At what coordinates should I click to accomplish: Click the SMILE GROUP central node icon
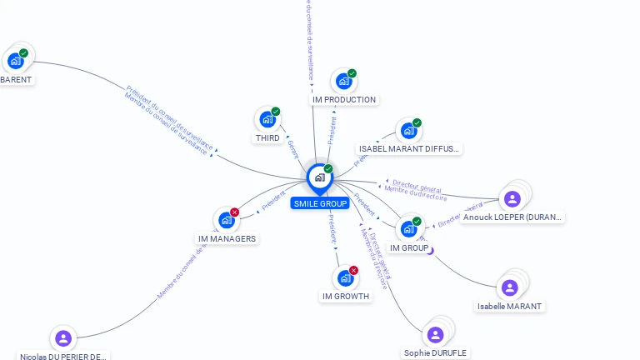tap(319, 177)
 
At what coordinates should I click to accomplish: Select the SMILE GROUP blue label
tap(320, 203)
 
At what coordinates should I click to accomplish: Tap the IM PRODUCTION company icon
tap(343, 82)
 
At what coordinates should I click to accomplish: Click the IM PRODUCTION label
tap(344, 100)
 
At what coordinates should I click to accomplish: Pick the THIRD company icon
tap(267, 119)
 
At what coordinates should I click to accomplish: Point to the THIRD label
tap(267, 138)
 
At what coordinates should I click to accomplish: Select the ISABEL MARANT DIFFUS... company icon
tap(408, 131)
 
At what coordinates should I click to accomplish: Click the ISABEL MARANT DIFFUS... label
tap(408, 149)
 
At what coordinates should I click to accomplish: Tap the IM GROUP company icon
tap(408, 228)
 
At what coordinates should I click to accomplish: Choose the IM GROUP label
tap(409, 248)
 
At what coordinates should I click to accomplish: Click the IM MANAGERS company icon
tap(226, 220)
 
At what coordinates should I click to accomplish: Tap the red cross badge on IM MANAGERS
tap(235, 212)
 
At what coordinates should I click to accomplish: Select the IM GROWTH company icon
tap(345, 278)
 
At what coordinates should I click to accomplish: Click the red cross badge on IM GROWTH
tap(354, 270)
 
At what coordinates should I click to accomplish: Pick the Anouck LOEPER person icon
tap(512, 198)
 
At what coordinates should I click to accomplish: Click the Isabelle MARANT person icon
tap(510, 287)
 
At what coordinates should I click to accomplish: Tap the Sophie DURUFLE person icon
tap(435, 334)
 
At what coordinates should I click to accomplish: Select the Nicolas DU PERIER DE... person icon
tap(62, 338)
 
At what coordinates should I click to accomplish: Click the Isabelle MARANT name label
tap(510, 307)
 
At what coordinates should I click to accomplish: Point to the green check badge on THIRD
tap(276, 111)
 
